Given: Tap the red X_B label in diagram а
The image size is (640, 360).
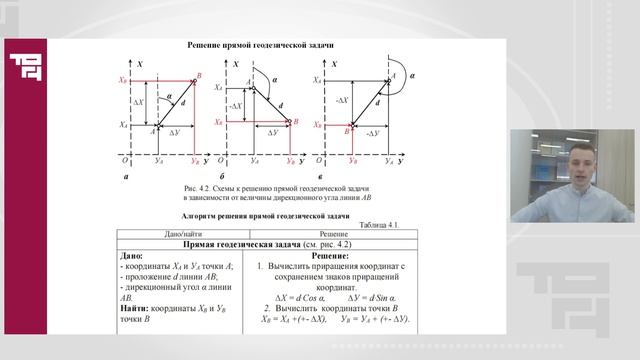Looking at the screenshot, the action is tap(122, 78).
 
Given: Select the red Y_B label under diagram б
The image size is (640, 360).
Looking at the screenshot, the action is tap(290, 161).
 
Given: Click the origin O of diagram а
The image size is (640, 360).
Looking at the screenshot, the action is tap(124, 160).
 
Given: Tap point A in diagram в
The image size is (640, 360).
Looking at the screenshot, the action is tap(392, 77).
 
